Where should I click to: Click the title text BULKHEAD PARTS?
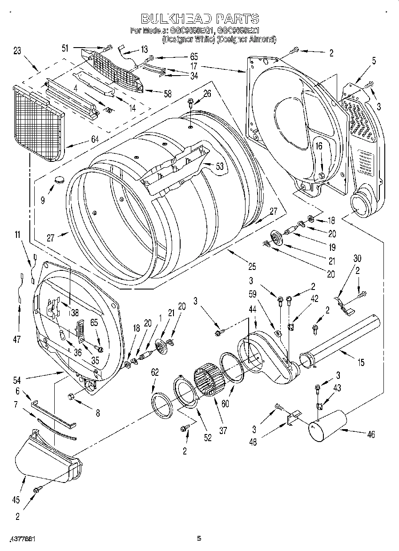pyautogui.click(x=200, y=19)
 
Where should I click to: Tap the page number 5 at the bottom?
pyautogui.click(x=199, y=539)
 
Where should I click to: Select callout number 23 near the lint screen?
pyautogui.click(x=17, y=51)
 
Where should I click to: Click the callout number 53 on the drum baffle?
pyautogui.click(x=219, y=167)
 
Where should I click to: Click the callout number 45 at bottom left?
pyautogui.click(x=16, y=500)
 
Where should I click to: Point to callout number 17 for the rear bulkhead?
pyautogui.click(x=194, y=65)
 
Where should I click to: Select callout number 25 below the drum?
pyautogui.click(x=252, y=267)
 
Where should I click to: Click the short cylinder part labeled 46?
pyautogui.click(x=327, y=426)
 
